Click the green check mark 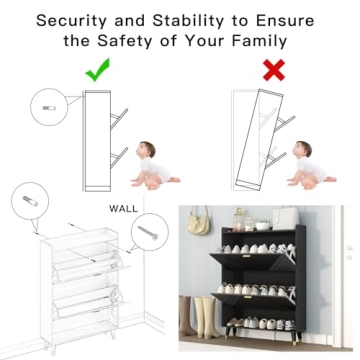pos(97,72)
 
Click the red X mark pos(274,70)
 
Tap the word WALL pos(123,209)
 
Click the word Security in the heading pos(73,21)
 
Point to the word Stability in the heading pos(189,21)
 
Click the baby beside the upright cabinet pos(154,165)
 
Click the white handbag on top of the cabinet pos(286,218)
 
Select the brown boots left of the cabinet pos(187,315)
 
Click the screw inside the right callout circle pos(148,232)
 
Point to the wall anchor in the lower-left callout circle pos(30,201)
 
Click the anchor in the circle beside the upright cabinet pos(49,108)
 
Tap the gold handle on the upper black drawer pos(247,256)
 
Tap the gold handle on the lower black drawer pos(247,297)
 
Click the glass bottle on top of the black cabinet pos(238,219)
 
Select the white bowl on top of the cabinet pos(262,226)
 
